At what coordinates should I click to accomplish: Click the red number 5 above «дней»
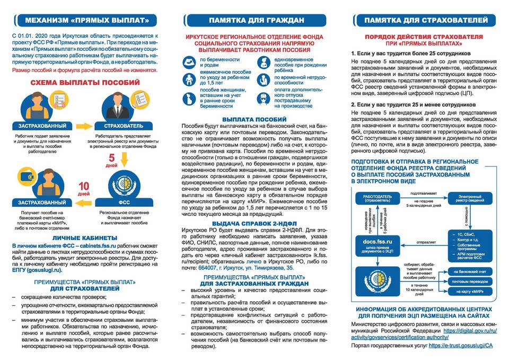point(112,157)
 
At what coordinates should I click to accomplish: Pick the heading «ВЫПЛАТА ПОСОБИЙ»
point(254,120)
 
